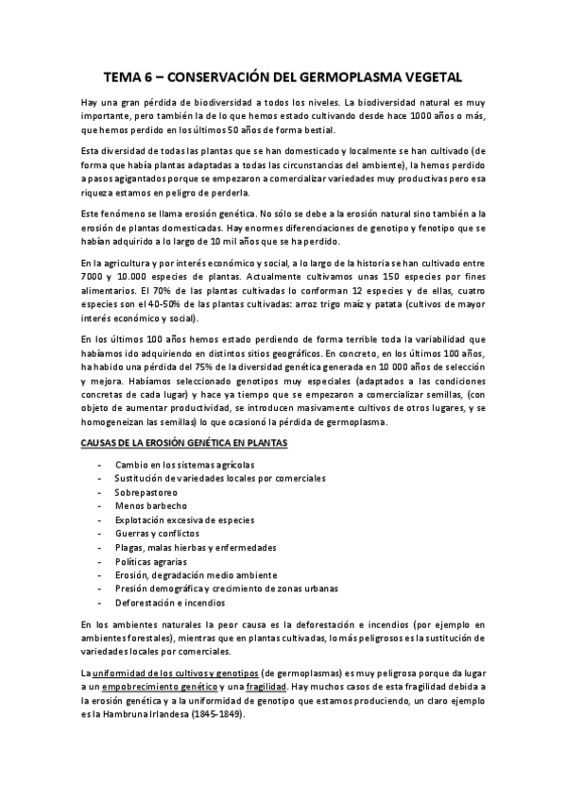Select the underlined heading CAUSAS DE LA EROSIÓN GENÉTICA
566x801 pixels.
click(x=184, y=442)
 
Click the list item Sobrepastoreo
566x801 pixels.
click(x=146, y=493)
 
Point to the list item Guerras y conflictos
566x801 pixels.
click(x=157, y=534)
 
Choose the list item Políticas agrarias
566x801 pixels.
click(x=153, y=561)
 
